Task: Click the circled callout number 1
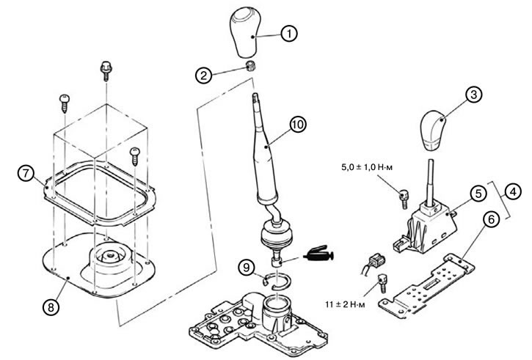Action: tap(289, 34)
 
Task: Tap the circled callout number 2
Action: tap(203, 76)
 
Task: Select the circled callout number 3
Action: tap(473, 95)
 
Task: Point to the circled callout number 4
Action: tap(513, 192)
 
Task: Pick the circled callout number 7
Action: tap(26, 174)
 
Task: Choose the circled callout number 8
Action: tap(51, 307)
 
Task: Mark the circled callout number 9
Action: tap(247, 268)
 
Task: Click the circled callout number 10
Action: tap(298, 125)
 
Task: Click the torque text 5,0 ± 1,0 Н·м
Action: tap(366, 167)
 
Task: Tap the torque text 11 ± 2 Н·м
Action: tap(345, 304)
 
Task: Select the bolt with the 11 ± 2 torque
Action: tap(382, 284)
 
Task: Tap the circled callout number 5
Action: tap(478, 194)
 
